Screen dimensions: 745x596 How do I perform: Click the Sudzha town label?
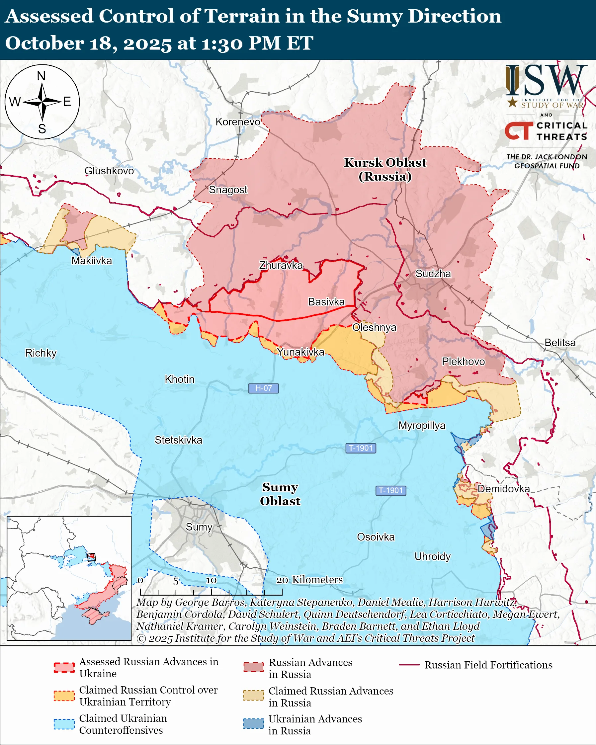tap(433, 274)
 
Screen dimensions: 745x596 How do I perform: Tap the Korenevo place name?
tap(238, 122)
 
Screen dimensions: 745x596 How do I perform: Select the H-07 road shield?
tap(263, 388)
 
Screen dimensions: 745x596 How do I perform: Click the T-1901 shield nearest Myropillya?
tap(360, 448)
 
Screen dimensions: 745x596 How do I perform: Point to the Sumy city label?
tap(199, 527)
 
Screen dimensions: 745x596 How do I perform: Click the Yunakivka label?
tap(301, 352)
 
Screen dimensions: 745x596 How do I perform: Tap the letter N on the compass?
tap(41, 76)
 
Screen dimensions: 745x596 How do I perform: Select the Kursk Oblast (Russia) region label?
tap(385, 169)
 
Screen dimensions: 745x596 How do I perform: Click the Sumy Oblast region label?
tap(280, 494)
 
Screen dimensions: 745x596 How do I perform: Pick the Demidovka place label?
tap(503, 489)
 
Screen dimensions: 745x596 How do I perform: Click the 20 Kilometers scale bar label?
tap(309, 580)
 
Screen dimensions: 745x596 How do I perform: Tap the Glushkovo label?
tap(109, 171)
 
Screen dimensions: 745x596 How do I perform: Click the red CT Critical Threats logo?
tap(519, 131)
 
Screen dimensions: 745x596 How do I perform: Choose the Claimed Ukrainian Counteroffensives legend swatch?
tap(64, 724)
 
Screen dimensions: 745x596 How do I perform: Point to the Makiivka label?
tap(92, 261)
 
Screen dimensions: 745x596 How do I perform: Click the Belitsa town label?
tap(560, 342)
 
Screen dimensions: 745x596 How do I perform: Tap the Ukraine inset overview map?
tap(69, 578)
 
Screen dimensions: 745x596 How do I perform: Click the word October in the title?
tap(44, 43)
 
